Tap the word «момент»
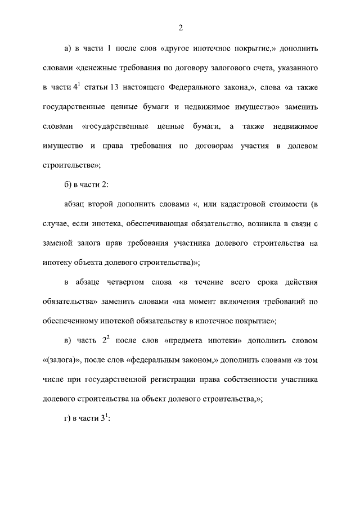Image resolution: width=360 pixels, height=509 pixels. (x=207, y=301)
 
